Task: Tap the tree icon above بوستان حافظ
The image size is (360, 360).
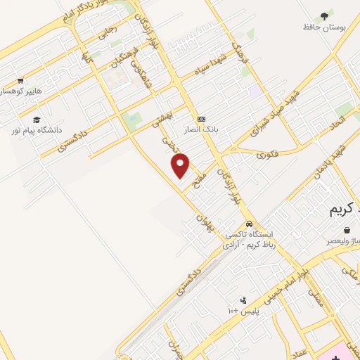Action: point(323,15)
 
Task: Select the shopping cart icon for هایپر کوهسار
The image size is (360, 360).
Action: point(20,80)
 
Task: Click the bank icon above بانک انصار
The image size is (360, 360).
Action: point(202,118)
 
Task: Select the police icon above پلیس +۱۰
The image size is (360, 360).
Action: point(244,300)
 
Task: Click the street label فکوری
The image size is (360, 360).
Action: point(266,153)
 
